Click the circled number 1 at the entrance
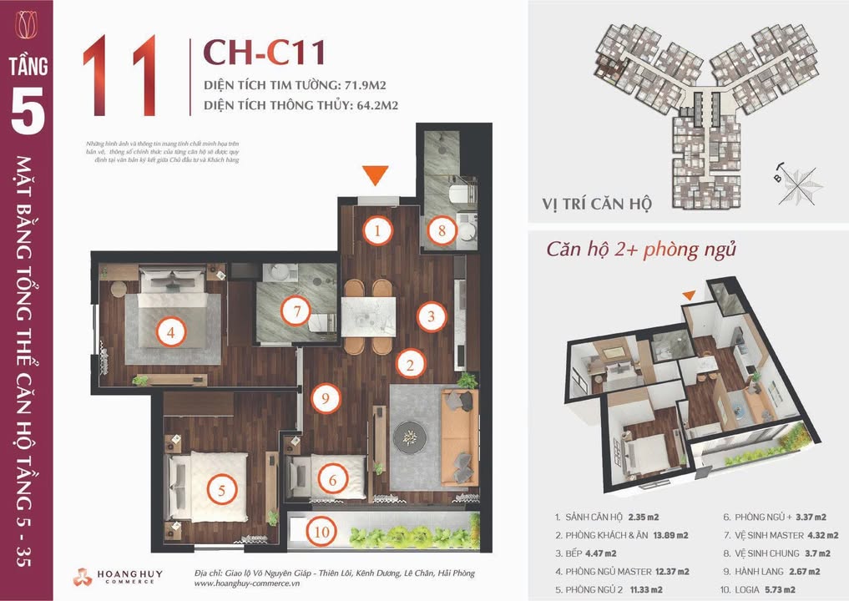pyautogui.click(x=378, y=231)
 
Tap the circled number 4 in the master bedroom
pyautogui.click(x=171, y=333)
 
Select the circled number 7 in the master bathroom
pyautogui.click(x=291, y=312)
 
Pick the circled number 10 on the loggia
pyautogui.click(x=316, y=528)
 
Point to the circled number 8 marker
pyautogui.click(x=442, y=231)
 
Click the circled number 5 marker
pyautogui.click(x=221, y=490)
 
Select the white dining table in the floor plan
pyautogui.click(x=368, y=316)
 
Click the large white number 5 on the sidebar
pyautogui.click(x=28, y=116)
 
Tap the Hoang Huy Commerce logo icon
pyautogui.click(x=83, y=577)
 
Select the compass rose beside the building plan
pyautogui.click(x=802, y=179)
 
